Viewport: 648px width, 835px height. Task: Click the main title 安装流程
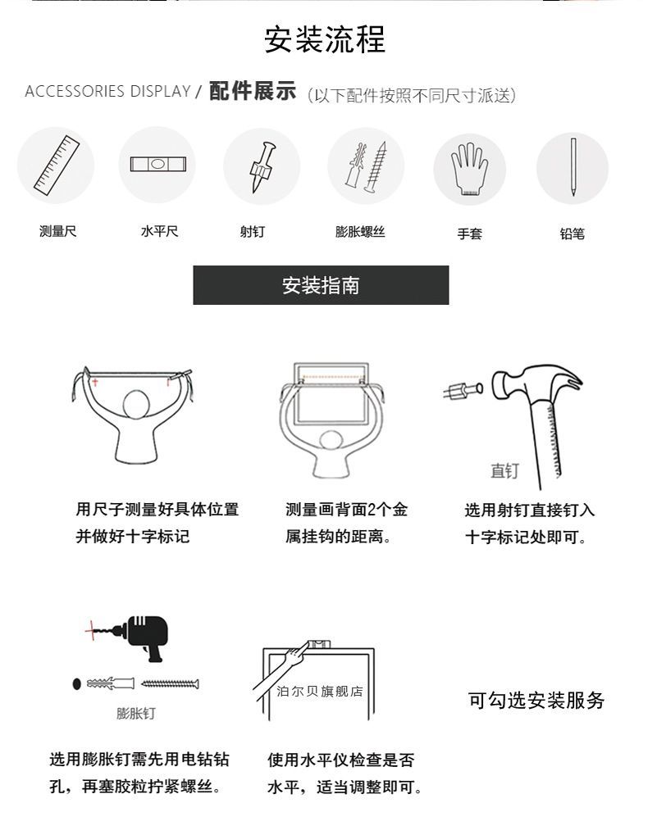click(x=325, y=39)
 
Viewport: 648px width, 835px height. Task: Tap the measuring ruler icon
click(x=57, y=165)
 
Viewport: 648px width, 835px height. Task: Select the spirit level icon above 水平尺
click(x=158, y=164)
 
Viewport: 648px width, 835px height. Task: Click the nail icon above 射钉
click(x=263, y=166)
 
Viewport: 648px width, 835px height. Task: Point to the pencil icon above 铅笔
click(x=573, y=166)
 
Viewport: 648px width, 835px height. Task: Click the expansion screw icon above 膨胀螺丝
click(x=367, y=166)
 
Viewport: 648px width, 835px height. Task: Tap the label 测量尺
click(x=57, y=231)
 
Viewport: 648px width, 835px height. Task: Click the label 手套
click(x=469, y=234)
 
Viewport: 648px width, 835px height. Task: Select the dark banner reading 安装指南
click(x=321, y=285)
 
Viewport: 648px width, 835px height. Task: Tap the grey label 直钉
click(x=504, y=470)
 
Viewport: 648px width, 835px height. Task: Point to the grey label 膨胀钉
click(x=136, y=713)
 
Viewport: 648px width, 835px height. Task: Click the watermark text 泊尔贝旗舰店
click(x=319, y=692)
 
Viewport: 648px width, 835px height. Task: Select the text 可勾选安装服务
click(x=536, y=700)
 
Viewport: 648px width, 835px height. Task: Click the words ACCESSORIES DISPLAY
click(x=107, y=91)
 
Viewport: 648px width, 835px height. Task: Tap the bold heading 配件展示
click(x=252, y=90)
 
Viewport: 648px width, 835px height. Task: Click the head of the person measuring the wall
click(x=136, y=406)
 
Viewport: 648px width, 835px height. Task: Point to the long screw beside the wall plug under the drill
click(x=170, y=683)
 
